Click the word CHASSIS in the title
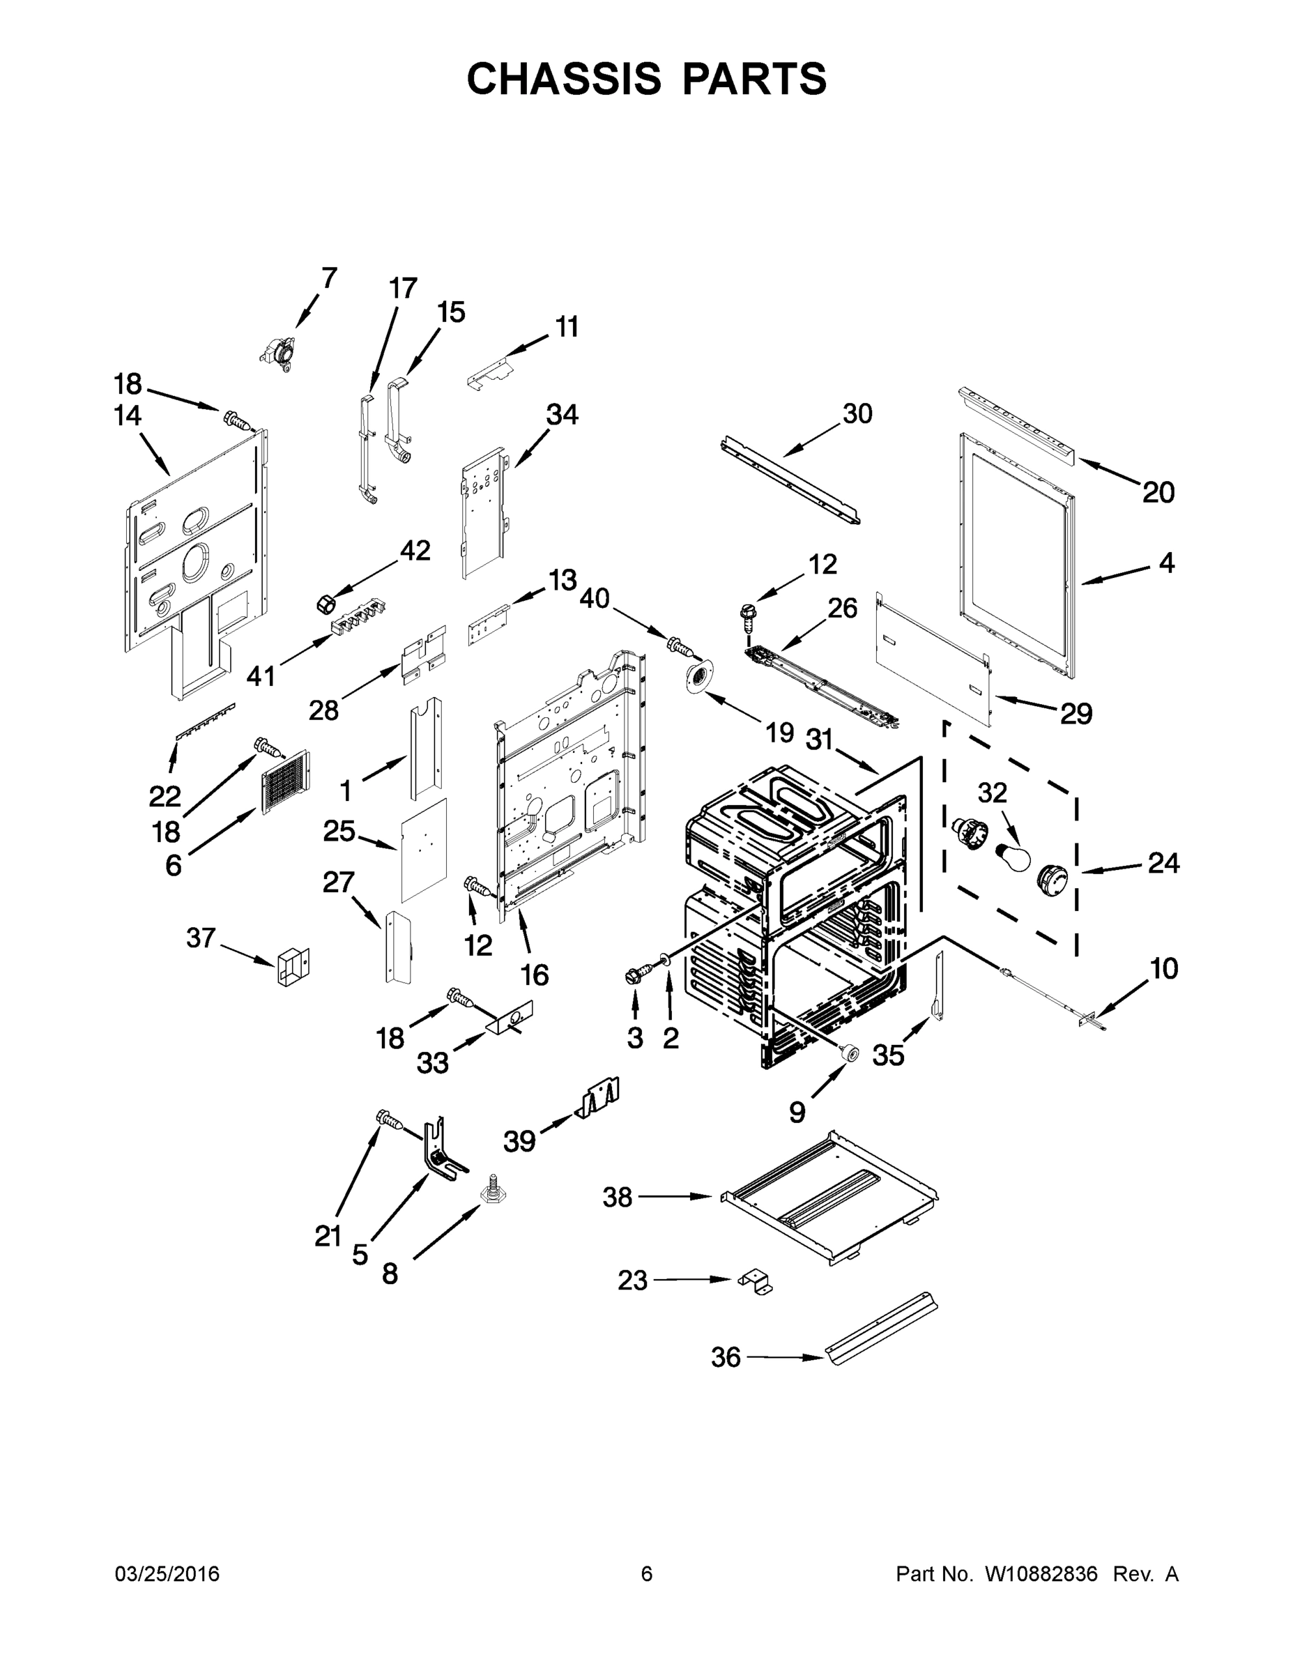point(564,78)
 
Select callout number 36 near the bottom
point(726,1357)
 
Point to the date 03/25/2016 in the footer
point(167,1573)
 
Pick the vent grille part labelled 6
point(286,781)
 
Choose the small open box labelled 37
point(292,967)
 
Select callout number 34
point(562,415)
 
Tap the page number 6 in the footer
point(647,1573)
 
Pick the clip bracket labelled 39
point(599,1100)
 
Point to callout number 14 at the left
point(127,416)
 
